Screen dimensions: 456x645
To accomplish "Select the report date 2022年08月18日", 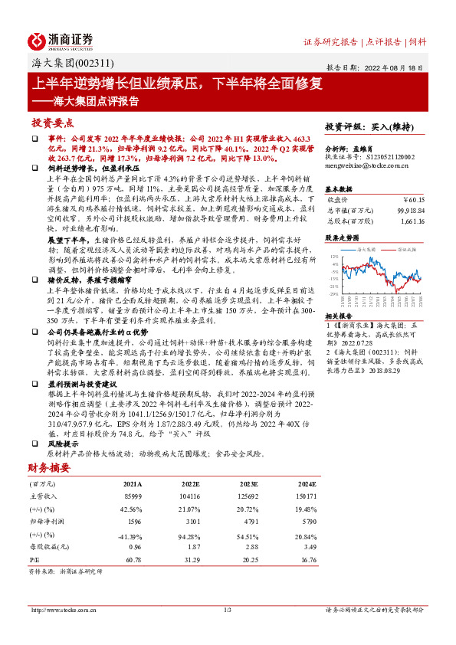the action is (400, 67).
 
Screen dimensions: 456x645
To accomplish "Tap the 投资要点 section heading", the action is (52, 123).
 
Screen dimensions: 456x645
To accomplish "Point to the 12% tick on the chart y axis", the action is (334, 257).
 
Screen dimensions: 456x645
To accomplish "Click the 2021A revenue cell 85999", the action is (133, 497).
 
